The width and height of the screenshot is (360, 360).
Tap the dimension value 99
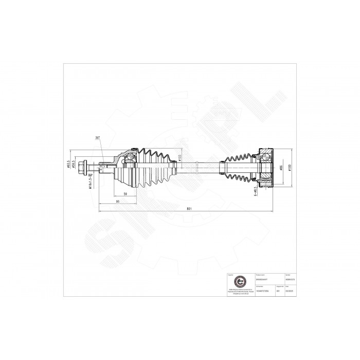pos(118,201)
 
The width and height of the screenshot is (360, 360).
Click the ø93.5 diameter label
pos(69,165)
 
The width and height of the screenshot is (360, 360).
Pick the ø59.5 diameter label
pos(75,165)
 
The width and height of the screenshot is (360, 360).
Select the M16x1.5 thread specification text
pos(91,182)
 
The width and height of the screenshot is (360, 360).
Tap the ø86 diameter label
pos(281,168)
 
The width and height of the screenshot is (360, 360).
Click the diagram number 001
pos(278,290)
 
